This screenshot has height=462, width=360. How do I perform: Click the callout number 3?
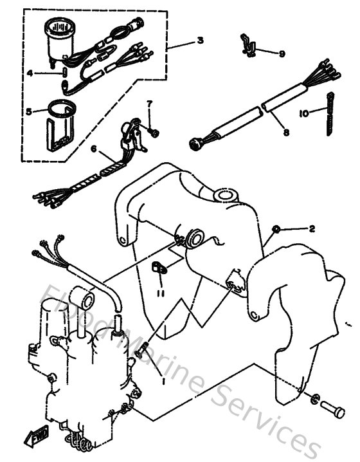click(201, 41)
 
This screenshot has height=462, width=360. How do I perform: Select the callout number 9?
click(282, 53)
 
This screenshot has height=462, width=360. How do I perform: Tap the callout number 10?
click(303, 113)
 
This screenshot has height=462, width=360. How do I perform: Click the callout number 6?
click(94, 149)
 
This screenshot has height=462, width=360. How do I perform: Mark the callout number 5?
click(28, 111)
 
